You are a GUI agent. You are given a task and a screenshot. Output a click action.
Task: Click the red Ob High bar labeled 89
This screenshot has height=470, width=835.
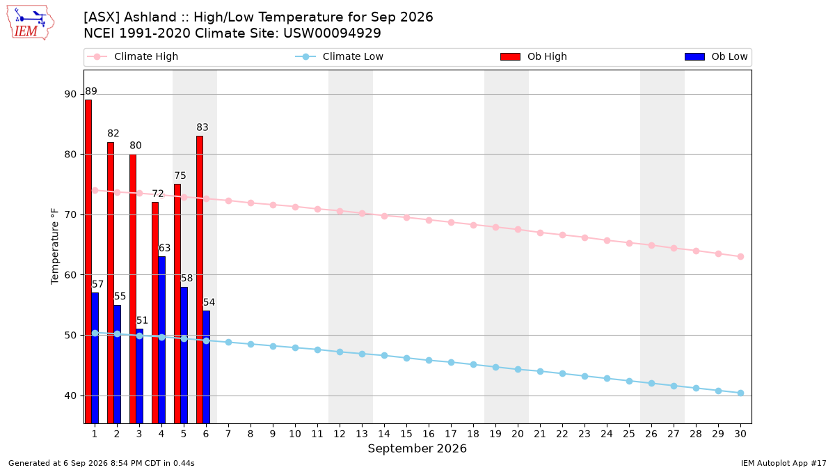click(88, 262)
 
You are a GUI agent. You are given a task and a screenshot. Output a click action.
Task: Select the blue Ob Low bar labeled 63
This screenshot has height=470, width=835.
click(161, 340)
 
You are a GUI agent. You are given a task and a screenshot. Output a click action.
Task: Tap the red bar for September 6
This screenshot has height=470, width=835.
click(200, 280)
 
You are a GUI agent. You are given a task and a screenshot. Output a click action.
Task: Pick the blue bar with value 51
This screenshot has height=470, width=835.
click(139, 376)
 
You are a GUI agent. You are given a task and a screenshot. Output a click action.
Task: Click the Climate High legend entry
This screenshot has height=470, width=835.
click(132, 56)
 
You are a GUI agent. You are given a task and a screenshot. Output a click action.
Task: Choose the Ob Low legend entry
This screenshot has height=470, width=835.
click(716, 56)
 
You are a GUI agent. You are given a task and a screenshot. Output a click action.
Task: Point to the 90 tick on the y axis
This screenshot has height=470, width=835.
click(70, 94)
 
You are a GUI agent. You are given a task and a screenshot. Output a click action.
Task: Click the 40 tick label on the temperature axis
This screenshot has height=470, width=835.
click(70, 395)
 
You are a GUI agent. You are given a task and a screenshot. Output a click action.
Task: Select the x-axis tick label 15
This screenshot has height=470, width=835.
click(406, 434)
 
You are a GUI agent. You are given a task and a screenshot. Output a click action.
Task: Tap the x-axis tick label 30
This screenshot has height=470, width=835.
click(740, 434)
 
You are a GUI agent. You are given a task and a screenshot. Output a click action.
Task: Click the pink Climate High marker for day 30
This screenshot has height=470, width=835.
click(740, 257)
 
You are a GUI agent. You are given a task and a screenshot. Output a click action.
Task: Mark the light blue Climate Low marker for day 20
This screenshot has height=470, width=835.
click(518, 369)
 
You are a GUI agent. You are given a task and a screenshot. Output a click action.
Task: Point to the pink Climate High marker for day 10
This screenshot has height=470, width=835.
click(295, 207)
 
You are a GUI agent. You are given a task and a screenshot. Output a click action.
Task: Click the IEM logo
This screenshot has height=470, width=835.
click(31, 23)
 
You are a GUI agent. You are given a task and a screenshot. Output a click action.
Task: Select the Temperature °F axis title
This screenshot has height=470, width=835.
click(55, 246)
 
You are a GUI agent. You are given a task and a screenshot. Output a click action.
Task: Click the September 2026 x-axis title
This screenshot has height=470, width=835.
click(417, 448)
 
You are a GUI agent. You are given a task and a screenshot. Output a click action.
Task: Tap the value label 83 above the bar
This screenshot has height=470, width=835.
click(202, 127)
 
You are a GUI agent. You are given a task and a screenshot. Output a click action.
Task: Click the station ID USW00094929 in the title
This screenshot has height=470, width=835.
click(332, 33)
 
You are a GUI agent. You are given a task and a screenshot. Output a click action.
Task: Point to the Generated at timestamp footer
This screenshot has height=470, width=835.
click(102, 463)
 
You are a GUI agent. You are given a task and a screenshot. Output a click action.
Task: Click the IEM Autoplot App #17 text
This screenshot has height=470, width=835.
click(784, 463)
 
